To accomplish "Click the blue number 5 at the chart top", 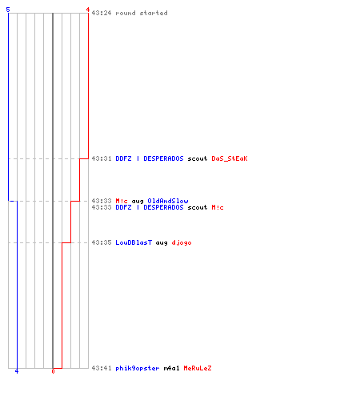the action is point(8,10).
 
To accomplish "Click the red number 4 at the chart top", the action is point(88,10).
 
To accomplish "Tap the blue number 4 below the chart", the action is point(17,371).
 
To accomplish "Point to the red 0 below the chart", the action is point(53,371).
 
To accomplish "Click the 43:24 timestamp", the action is point(102,13).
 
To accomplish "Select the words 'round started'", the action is point(142,13).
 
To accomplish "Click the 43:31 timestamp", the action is point(102,158).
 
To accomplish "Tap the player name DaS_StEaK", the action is point(230,158).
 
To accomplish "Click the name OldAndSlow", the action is point(168,201).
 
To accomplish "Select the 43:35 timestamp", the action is point(102,242).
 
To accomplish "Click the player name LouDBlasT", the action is point(134,242).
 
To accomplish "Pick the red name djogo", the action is point(182,243).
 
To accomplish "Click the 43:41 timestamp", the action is point(102,368).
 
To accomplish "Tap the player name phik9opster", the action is point(138,368).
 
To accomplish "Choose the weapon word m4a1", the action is point(171,368).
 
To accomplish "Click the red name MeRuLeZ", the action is point(198,368).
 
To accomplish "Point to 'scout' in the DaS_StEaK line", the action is point(198,158).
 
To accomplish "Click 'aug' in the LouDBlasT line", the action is point(162,243).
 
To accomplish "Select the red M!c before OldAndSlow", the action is point(122,201).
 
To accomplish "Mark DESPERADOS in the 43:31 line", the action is point(163,158).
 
